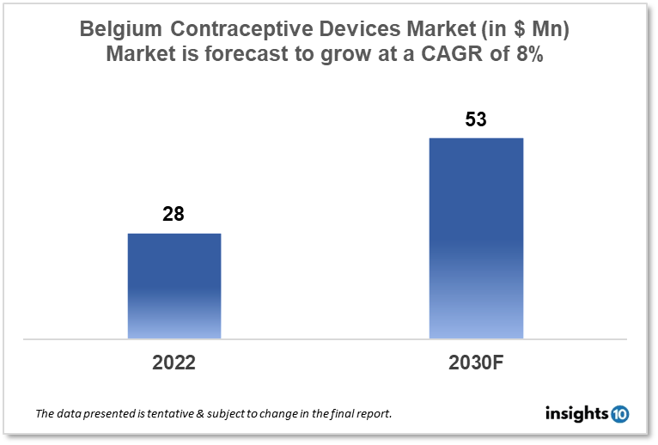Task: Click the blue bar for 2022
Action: point(174,285)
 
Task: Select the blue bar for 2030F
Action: point(476,238)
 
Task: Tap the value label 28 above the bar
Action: point(174,214)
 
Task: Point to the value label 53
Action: point(476,119)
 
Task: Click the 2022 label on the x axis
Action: point(174,363)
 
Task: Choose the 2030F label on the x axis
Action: point(476,363)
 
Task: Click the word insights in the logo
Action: point(576,414)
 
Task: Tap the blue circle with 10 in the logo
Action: point(619,414)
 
